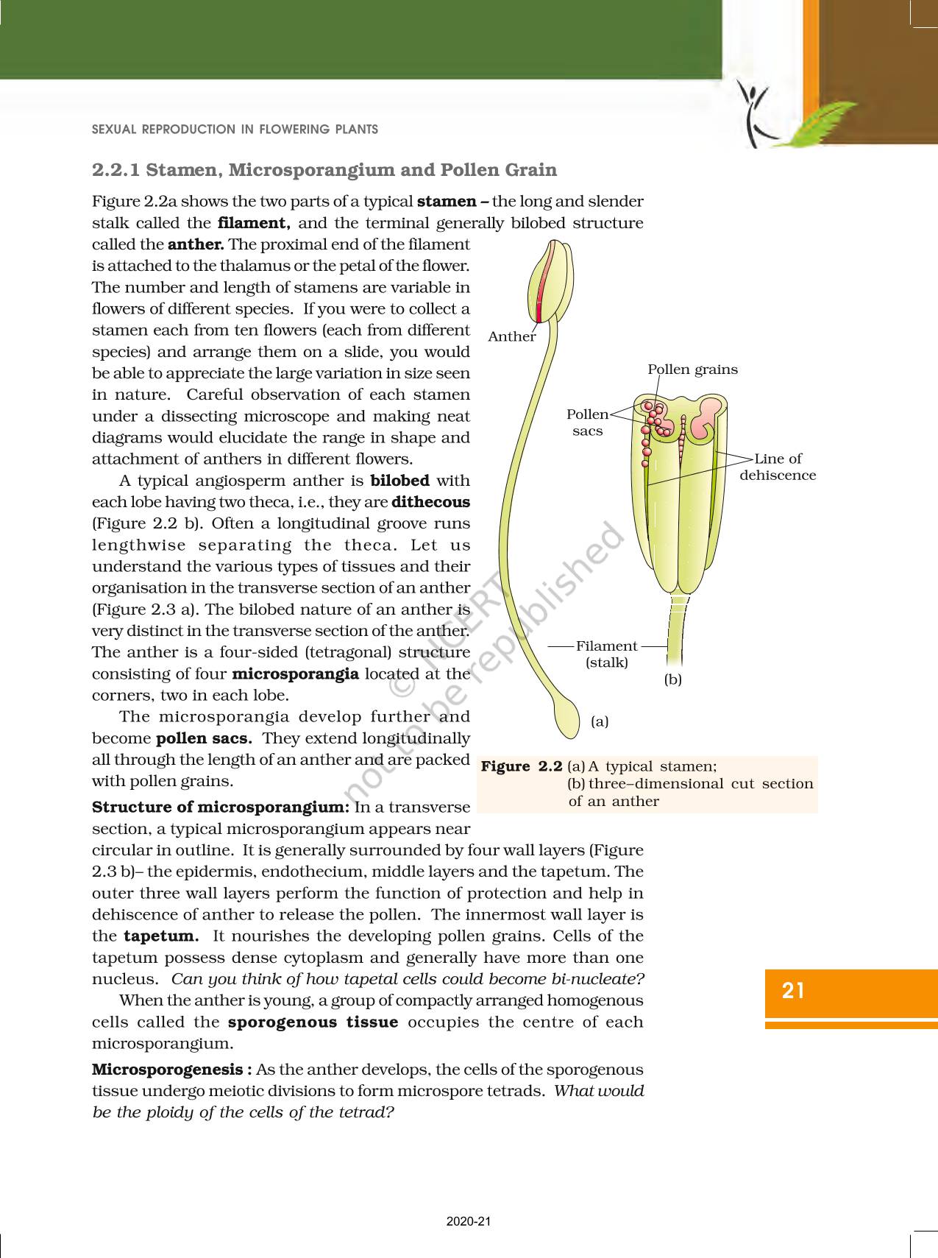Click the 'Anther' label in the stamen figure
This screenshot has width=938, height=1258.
pos(511,336)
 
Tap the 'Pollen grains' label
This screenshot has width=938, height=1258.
pos(692,370)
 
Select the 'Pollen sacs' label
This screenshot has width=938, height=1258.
pos(587,423)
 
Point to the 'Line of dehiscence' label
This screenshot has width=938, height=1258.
pos(778,467)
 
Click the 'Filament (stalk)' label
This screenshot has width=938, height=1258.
pos(606,654)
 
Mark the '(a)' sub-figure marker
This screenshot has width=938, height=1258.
pos(600,721)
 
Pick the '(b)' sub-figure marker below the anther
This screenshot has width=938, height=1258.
pos(672,679)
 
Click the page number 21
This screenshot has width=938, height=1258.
pos(793,991)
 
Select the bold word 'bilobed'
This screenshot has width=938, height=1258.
pos(399,481)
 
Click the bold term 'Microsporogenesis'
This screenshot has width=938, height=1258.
pos(167,1070)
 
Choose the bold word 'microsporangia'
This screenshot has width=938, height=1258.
pos(295,674)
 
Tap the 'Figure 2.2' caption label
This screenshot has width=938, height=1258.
pos(521,766)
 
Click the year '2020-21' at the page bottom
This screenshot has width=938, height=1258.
pos(469,1222)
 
